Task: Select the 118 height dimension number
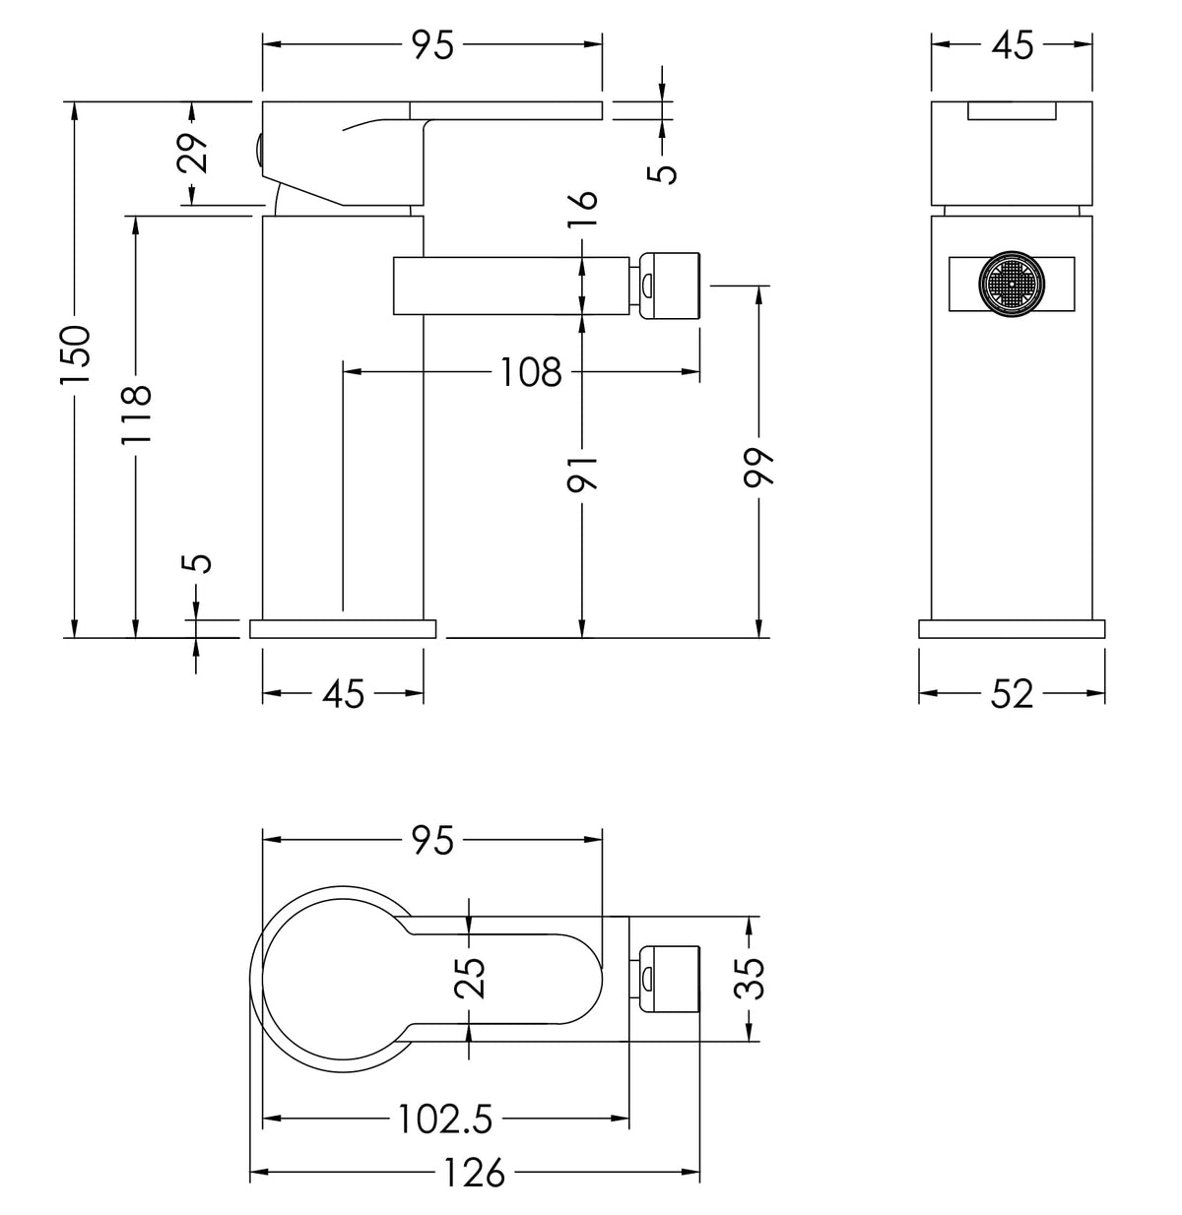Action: [137, 413]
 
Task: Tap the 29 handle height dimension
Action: [196, 153]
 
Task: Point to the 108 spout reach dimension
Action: [531, 372]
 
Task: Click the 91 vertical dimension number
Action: [583, 473]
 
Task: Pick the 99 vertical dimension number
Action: [759, 464]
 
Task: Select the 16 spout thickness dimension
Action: [583, 208]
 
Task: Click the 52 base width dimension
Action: [1012, 694]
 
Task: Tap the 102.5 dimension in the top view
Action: [445, 1119]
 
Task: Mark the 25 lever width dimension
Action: [472, 978]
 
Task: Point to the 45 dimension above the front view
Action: [1012, 45]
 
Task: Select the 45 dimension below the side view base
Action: [344, 694]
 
